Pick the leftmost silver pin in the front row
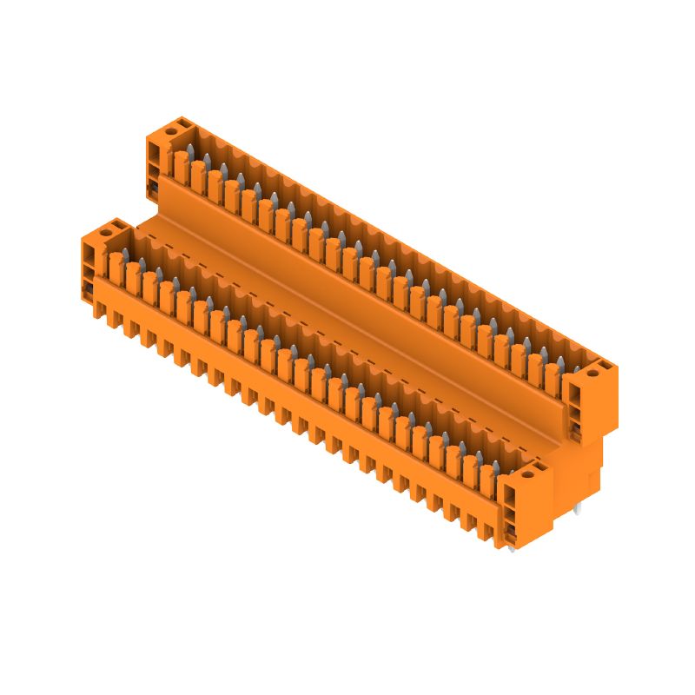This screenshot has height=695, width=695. [125, 254]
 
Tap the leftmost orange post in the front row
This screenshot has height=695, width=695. [114, 265]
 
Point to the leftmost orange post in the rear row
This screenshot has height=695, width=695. [180, 163]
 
